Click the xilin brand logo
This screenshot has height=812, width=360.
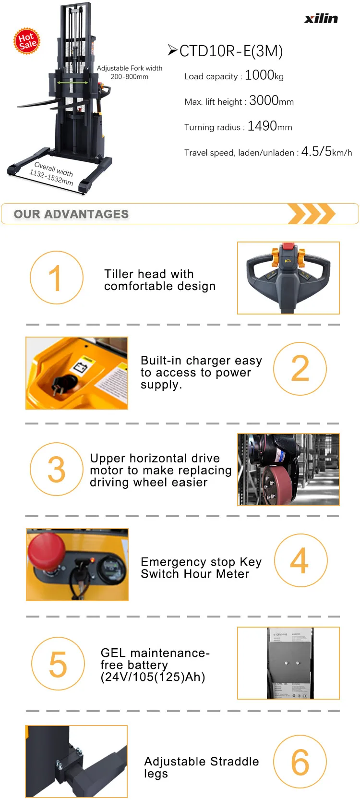tap(321, 18)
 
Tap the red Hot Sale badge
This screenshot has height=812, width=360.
tap(27, 41)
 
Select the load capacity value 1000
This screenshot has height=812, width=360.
tap(259, 75)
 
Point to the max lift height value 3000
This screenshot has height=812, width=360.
tap(264, 100)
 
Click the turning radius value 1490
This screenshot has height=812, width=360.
tap(262, 126)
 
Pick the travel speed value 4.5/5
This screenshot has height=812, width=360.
tap(316, 152)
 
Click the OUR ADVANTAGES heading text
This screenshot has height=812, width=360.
tap(71, 214)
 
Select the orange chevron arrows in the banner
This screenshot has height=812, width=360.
tap(311, 214)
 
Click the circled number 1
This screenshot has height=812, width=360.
tap(57, 278)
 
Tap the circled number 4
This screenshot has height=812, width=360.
tap(300, 560)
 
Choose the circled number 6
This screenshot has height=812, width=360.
tap(300, 762)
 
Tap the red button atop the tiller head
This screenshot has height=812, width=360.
tap(288, 246)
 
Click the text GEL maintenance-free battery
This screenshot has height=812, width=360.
tap(154, 665)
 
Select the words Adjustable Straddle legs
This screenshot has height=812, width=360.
tap(201, 767)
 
